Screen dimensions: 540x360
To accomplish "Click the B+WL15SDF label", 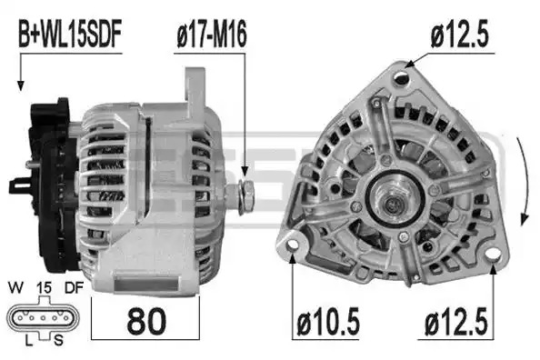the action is point(70,34).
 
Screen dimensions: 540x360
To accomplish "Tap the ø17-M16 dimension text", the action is point(212,35).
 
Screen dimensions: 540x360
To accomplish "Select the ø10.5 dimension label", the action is point(328,322).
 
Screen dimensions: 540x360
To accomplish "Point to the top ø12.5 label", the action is point(459,35).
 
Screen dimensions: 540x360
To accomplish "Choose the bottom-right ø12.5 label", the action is point(456,322).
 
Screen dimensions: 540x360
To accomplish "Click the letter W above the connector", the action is point(15,287).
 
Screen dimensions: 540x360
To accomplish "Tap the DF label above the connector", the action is point(74,287).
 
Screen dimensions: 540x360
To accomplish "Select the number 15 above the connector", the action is point(44,287).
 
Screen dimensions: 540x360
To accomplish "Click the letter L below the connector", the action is point(29,341).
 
